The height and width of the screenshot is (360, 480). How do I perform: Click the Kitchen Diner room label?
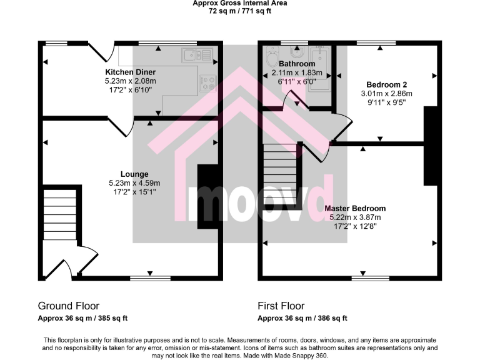pyautogui.click(x=130, y=72)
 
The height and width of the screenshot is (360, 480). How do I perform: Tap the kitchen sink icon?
pyautogui.click(x=197, y=55)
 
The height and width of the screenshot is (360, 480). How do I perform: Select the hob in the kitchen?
pyautogui.click(x=207, y=84)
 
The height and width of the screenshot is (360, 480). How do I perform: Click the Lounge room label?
pyautogui.click(x=134, y=174)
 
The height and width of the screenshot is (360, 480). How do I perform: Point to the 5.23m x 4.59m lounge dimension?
pyautogui.click(x=134, y=183)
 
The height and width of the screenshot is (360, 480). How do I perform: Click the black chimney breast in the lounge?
pyautogui.click(x=207, y=197)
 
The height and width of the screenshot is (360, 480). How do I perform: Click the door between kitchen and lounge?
pyautogui.click(x=119, y=126)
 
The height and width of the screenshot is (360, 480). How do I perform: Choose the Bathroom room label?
pyautogui.click(x=297, y=64)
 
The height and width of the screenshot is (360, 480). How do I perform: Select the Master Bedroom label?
pyautogui.click(x=355, y=208)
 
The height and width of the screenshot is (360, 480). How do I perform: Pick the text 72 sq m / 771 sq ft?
pyautogui.click(x=239, y=11)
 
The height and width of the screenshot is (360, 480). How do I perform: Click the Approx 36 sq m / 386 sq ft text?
pyautogui.click(x=302, y=318)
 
